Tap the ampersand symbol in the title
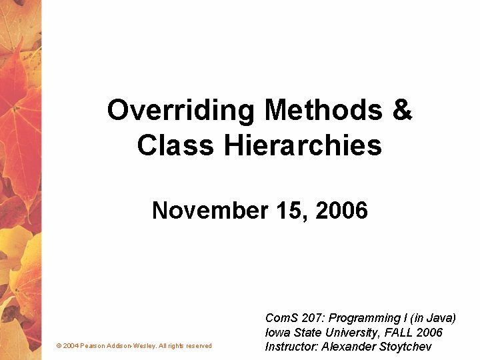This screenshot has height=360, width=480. point(402,111)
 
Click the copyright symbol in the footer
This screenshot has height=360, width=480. point(59,346)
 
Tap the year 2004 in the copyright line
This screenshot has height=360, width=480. point(71,346)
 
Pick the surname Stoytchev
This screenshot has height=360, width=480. point(405,347)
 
